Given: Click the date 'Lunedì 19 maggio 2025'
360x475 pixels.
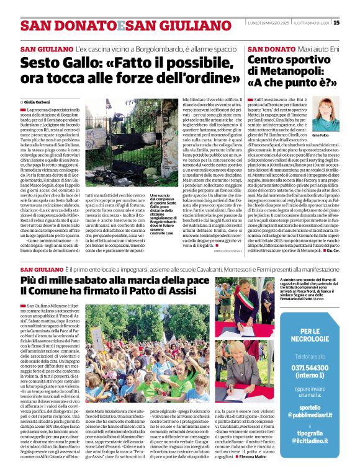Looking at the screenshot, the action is coord(268,23).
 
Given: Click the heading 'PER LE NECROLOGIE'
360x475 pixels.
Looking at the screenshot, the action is coord(313,335).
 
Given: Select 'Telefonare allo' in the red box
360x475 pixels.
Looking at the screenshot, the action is coord(313,357).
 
